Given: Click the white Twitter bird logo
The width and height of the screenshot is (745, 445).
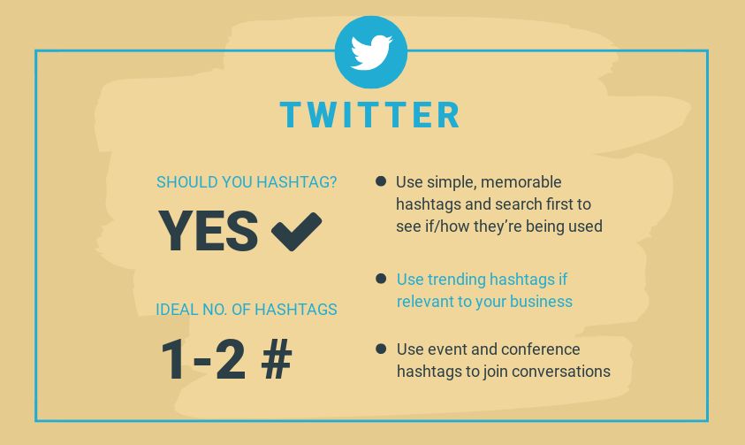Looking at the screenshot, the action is point(371,52).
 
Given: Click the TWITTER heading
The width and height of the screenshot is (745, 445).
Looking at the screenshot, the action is point(370,115).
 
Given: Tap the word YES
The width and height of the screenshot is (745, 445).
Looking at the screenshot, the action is point(209,231).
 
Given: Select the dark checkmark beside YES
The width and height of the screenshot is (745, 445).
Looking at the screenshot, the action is point(296,231).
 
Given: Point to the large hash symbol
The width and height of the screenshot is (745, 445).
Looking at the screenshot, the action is point(277,359).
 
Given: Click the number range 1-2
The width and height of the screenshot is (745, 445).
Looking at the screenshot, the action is point(203,359).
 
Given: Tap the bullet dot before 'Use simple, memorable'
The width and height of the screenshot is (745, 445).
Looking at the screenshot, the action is point(381,181).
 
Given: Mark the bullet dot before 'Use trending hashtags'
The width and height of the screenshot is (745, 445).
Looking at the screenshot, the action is point(381,278).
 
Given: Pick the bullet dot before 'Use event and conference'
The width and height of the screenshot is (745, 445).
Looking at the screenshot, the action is point(381,349).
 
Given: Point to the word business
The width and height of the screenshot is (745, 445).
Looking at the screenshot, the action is point(540,302).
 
